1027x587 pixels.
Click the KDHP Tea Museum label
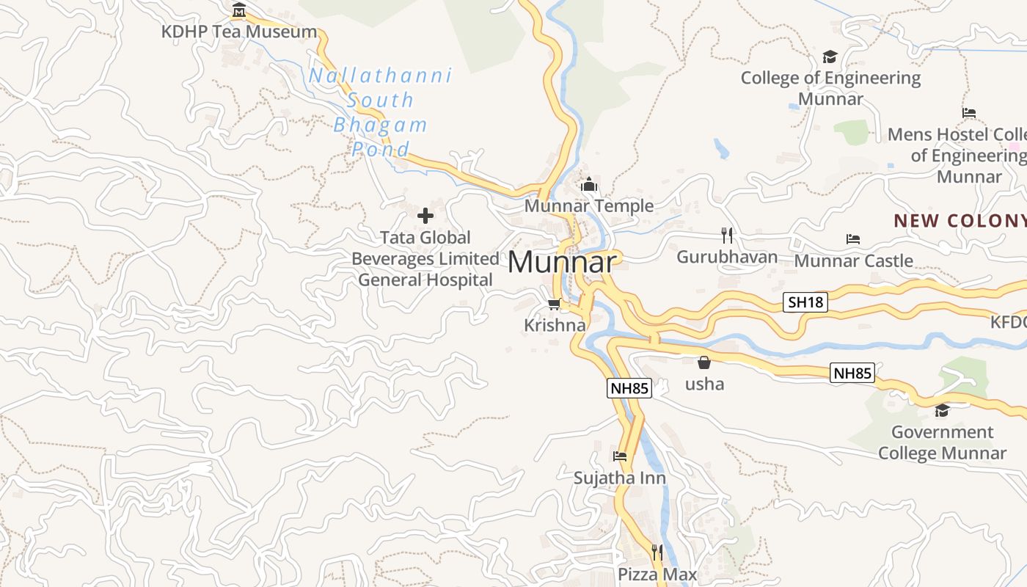[239, 32]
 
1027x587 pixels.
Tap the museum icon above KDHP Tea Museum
[239, 10]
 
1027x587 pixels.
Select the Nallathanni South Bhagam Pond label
[380, 112]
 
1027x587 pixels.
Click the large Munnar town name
[561, 263]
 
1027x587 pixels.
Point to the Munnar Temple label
[588, 206]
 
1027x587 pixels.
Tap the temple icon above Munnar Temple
[588, 185]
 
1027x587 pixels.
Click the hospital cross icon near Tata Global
[425, 216]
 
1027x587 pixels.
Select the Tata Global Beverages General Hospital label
[425, 259]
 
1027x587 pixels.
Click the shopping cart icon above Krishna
[555, 304]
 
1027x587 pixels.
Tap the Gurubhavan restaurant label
[726, 257]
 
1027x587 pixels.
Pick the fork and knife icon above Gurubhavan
[726, 235]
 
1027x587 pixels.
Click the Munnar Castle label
[853, 260]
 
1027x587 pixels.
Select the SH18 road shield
[805, 302]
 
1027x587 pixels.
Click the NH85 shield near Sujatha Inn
[629, 388]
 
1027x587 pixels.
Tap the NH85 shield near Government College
[852, 373]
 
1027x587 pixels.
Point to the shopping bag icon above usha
[704, 362]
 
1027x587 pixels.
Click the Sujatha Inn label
[620, 478]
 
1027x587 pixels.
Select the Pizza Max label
[657, 574]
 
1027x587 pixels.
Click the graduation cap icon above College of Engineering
[830, 56]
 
